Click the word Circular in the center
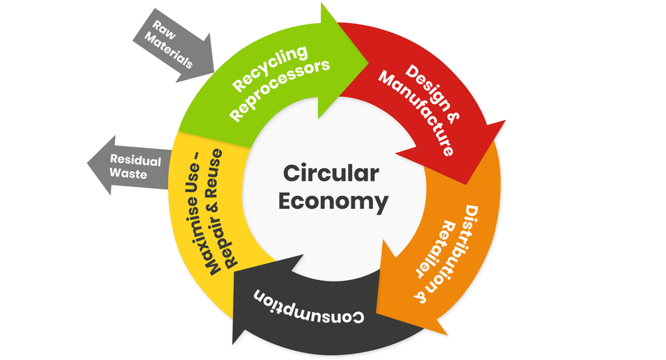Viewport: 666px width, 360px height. tap(331, 174)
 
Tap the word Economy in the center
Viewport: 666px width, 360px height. tap(334, 202)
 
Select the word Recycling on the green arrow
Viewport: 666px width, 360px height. tap(270, 68)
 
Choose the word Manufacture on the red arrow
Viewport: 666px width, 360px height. tap(417, 113)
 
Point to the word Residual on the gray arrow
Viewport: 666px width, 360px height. tap(135, 160)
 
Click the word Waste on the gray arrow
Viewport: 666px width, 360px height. tap(128, 174)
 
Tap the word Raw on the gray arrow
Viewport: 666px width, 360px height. tap(164, 30)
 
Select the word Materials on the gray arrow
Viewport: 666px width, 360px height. tap(169, 50)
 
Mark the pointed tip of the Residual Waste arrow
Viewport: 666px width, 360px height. tap(87, 163)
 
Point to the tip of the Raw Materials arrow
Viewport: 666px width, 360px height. tap(214, 72)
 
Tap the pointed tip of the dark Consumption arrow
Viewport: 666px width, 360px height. tap(233, 344)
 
